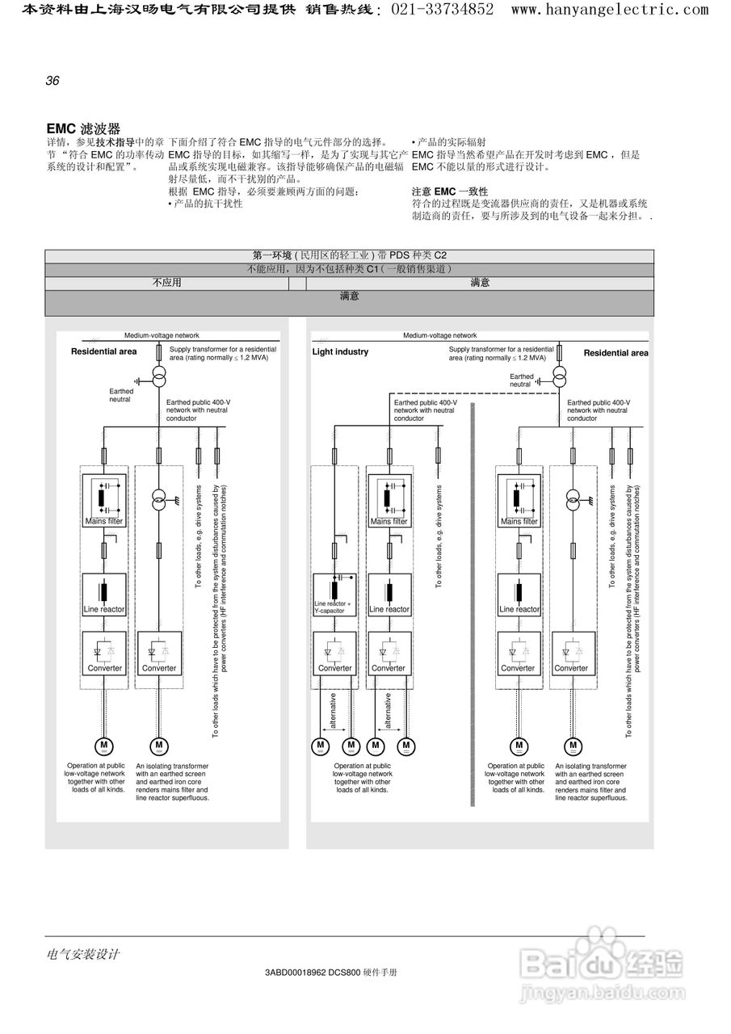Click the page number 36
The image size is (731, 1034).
coord(53,80)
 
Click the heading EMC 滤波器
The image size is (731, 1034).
coord(83,128)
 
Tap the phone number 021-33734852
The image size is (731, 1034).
coord(443,10)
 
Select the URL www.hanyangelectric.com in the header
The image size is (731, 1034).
coord(610,10)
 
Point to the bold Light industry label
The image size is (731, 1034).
coord(340,352)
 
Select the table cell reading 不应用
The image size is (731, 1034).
coord(167,283)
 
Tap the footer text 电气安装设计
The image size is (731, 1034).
coord(83,954)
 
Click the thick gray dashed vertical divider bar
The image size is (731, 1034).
coord(473,606)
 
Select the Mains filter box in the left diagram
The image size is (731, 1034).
coord(104,501)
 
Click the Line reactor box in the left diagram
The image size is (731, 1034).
coord(104,595)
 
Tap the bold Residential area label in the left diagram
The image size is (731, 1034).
coord(103,351)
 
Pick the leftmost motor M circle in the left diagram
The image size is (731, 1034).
coord(104,746)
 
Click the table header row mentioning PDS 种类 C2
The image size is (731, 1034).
coord(349,256)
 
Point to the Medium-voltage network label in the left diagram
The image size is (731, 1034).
coord(162,335)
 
